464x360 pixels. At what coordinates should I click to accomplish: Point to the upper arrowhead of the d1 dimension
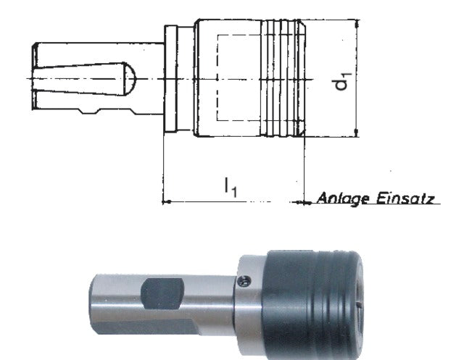357,23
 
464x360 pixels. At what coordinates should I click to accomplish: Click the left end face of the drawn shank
34,77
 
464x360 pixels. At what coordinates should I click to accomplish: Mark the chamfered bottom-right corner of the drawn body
302,133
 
